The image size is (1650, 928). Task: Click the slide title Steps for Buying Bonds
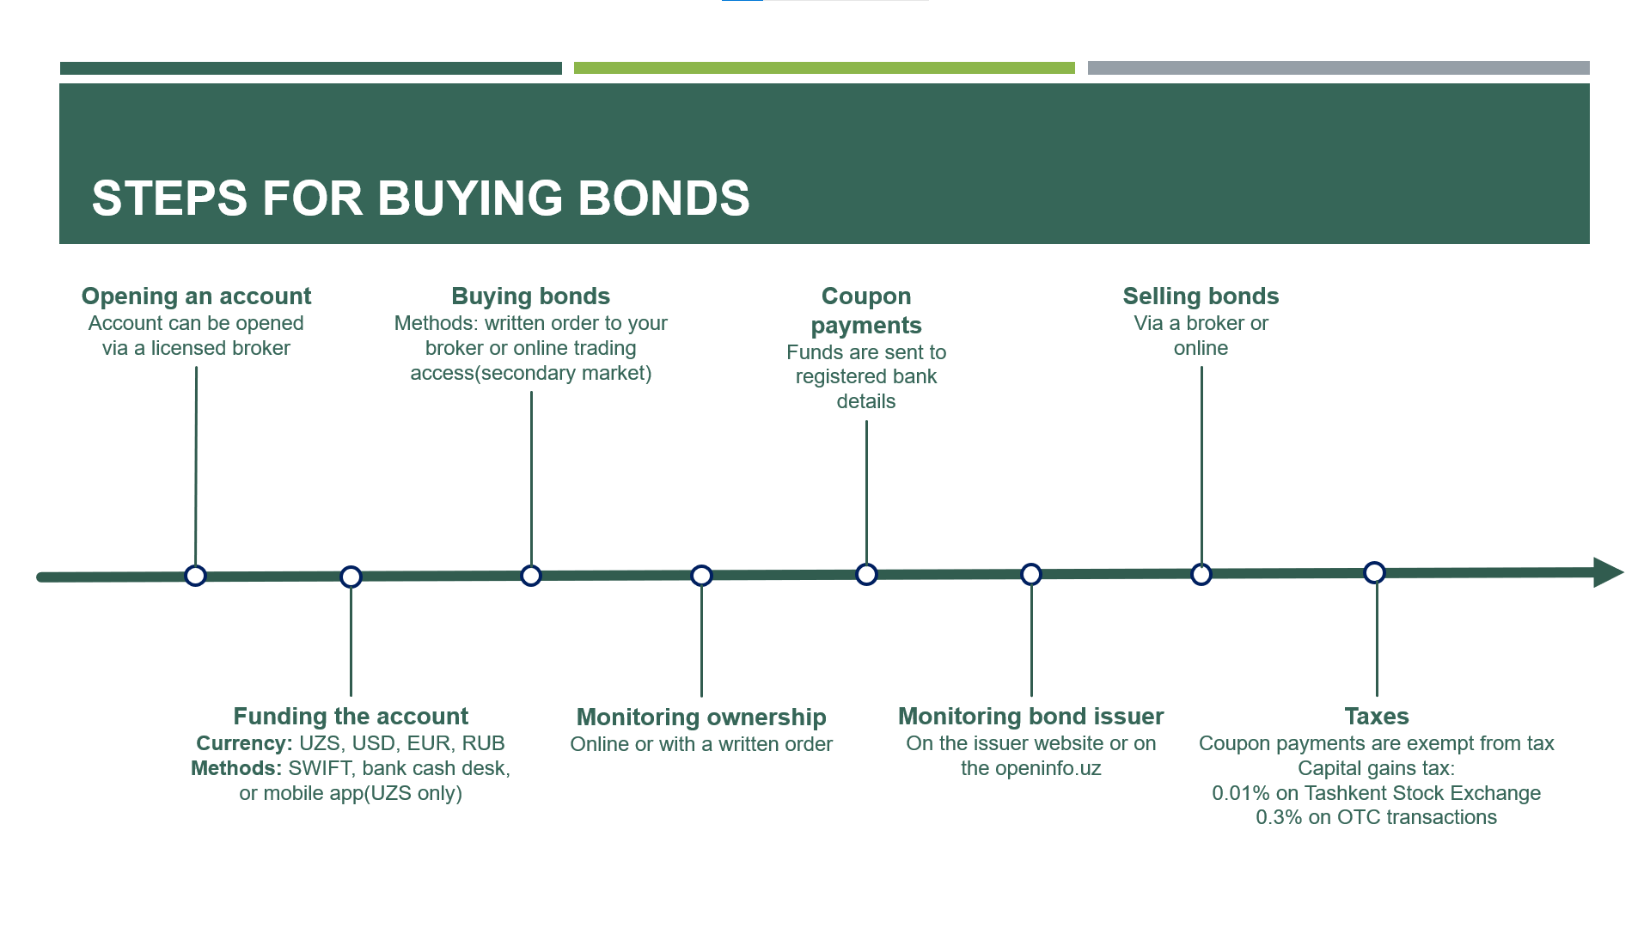[420, 198]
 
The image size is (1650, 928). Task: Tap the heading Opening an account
[196, 296]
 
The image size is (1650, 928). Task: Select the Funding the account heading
[351, 717]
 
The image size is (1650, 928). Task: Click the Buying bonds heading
[531, 296]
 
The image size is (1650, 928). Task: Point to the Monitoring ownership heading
[701, 717]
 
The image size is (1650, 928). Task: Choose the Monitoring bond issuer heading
[1031, 717]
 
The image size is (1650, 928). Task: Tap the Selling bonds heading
[1201, 296]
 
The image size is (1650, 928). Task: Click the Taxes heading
[1377, 717]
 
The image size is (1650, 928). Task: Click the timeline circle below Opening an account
[196, 576]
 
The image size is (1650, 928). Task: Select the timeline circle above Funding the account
[351, 577]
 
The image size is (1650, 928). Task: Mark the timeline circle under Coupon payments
[866, 574]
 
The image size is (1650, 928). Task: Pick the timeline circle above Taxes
[1375, 572]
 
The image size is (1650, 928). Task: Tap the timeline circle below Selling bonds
[1201, 574]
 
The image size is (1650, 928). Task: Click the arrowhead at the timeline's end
[1608, 572]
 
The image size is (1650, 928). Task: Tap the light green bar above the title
[824, 68]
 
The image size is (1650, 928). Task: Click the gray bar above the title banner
[1339, 68]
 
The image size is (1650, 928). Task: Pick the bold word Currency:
[244, 743]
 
